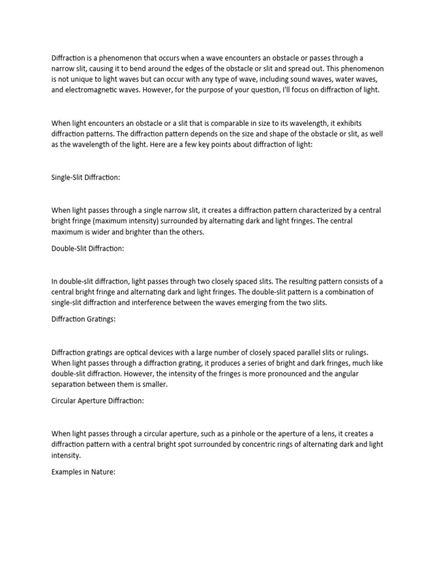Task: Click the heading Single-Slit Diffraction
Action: (x=85, y=177)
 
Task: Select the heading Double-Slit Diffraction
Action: (x=88, y=248)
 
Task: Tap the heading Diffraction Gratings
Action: (x=83, y=319)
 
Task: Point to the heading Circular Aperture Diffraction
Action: (x=98, y=401)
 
